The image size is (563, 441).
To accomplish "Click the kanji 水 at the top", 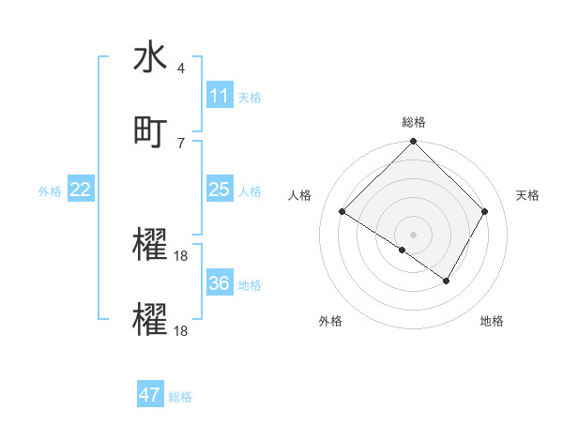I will (150, 58).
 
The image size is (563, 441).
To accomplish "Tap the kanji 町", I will (150, 131).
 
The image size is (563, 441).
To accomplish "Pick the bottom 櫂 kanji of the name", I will (150, 319).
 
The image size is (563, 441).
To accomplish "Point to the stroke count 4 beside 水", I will (181, 69).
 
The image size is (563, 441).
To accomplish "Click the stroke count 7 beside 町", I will (181, 143).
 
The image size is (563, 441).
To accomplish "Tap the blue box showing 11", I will (220, 96).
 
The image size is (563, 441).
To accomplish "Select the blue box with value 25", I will (220, 190).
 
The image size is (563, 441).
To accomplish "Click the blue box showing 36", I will (220, 283).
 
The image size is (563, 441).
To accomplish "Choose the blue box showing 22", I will (81, 190).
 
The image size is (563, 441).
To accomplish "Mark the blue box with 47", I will (150, 395).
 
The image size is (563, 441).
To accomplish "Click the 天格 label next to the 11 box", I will (250, 97).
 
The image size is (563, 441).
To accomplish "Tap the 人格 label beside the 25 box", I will (250, 190).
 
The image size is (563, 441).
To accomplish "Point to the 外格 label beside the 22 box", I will (50, 190).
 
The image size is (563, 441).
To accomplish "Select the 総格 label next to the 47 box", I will (180, 397).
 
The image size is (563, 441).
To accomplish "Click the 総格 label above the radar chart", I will (414, 122).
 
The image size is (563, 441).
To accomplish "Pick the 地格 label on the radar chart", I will (492, 321).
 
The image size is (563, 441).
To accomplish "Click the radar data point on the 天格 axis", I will (485, 211).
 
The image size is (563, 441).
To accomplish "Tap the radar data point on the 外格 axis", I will (403, 250).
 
